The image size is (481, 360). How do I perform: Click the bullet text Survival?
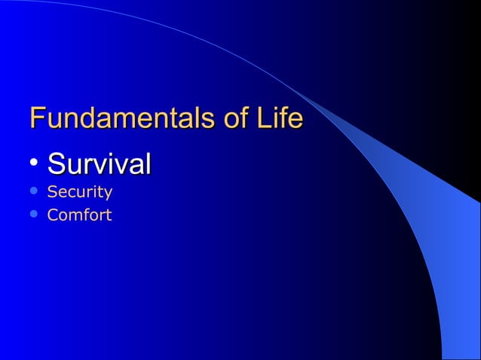coord(99,163)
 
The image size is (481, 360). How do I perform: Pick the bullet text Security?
coord(79,192)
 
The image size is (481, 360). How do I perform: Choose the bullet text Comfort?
coord(79,215)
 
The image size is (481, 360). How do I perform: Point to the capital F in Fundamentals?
coord(37,119)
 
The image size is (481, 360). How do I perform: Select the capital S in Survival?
coord(56,163)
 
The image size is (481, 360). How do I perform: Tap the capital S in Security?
coord(51,192)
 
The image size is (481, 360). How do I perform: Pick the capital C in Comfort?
coord(52,215)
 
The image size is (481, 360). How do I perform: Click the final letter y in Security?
coord(109,194)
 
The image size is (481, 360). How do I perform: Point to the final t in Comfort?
coord(109,215)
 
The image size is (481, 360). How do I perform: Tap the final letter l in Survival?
coord(148,163)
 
